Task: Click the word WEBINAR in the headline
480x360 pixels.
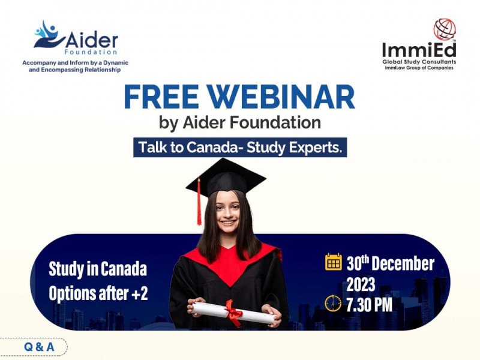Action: point(281,97)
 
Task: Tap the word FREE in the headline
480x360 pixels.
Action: point(161,97)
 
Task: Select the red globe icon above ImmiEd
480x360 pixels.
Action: point(445,29)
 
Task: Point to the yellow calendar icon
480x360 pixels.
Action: point(334,262)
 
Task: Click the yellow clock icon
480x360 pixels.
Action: point(333,304)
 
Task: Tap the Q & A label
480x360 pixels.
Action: point(39,347)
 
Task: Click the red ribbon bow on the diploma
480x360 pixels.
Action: point(233,313)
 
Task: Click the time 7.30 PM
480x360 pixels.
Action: point(369,305)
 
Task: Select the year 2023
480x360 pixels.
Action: point(361,284)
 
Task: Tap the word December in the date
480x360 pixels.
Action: point(403,263)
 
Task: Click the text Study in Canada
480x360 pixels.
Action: point(98,269)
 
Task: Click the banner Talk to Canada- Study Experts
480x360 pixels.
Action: point(240,147)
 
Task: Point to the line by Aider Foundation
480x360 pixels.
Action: point(240,123)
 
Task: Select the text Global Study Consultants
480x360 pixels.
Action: point(419,62)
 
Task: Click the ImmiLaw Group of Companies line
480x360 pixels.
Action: point(419,68)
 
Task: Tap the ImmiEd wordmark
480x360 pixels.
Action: point(419,50)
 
